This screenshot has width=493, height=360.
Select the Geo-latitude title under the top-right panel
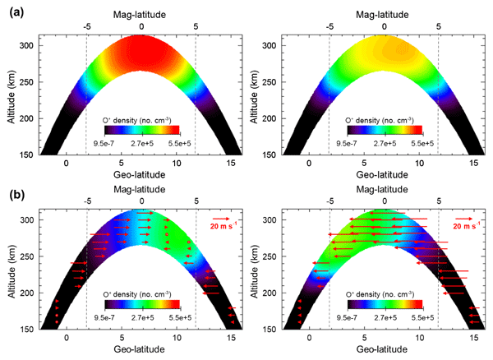(x=384, y=177)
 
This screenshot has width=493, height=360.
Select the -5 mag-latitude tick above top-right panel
(x=329, y=25)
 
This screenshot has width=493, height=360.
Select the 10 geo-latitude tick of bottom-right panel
(x=418, y=338)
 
